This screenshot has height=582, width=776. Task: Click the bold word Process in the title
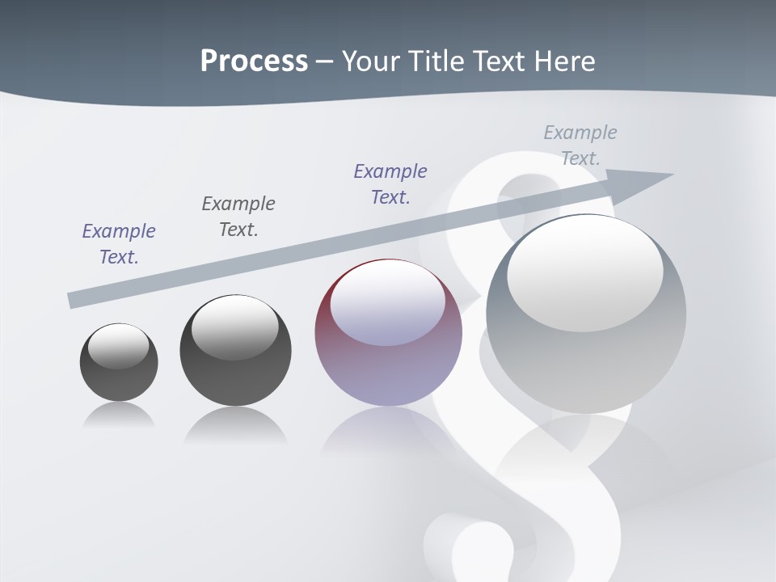pyautogui.click(x=254, y=61)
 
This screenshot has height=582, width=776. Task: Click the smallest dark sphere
pyautogui.click(x=119, y=362)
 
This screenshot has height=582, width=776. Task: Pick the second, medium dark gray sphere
pyautogui.click(x=235, y=351)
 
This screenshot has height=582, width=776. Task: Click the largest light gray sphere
pyautogui.click(x=586, y=314)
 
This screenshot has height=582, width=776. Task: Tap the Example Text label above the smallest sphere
pyautogui.click(x=119, y=244)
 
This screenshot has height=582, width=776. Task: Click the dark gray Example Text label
pyautogui.click(x=238, y=216)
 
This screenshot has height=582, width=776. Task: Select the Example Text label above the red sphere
pyautogui.click(x=390, y=183)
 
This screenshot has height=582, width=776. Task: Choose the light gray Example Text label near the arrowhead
pyautogui.click(x=580, y=145)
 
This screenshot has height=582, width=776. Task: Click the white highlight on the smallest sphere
pyautogui.click(x=119, y=346)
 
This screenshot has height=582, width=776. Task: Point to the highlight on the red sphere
pyautogui.click(x=387, y=303)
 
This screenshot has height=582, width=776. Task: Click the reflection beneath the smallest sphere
pyautogui.click(x=119, y=415)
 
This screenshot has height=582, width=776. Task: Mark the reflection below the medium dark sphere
pyautogui.click(x=235, y=425)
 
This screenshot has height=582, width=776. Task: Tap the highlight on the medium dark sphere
pyautogui.click(x=235, y=327)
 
